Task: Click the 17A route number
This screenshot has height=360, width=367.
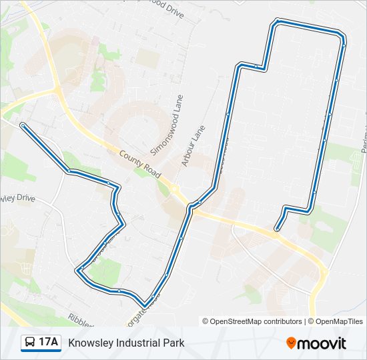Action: [x=48, y=343]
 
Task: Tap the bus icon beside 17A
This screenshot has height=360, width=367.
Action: [x=30, y=343]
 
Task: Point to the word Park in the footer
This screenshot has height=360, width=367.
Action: [x=173, y=343]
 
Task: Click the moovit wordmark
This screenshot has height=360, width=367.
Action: [x=322, y=343]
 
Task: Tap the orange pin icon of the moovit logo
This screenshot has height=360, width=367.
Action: [x=291, y=343]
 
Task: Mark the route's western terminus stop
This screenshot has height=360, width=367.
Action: [x=23, y=125]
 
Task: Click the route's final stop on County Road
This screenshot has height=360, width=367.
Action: [x=276, y=230]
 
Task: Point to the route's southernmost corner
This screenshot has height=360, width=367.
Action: [x=144, y=305]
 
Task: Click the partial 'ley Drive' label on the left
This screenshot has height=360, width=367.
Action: [x=17, y=199]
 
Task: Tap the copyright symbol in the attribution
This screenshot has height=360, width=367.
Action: [x=206, y=321]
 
